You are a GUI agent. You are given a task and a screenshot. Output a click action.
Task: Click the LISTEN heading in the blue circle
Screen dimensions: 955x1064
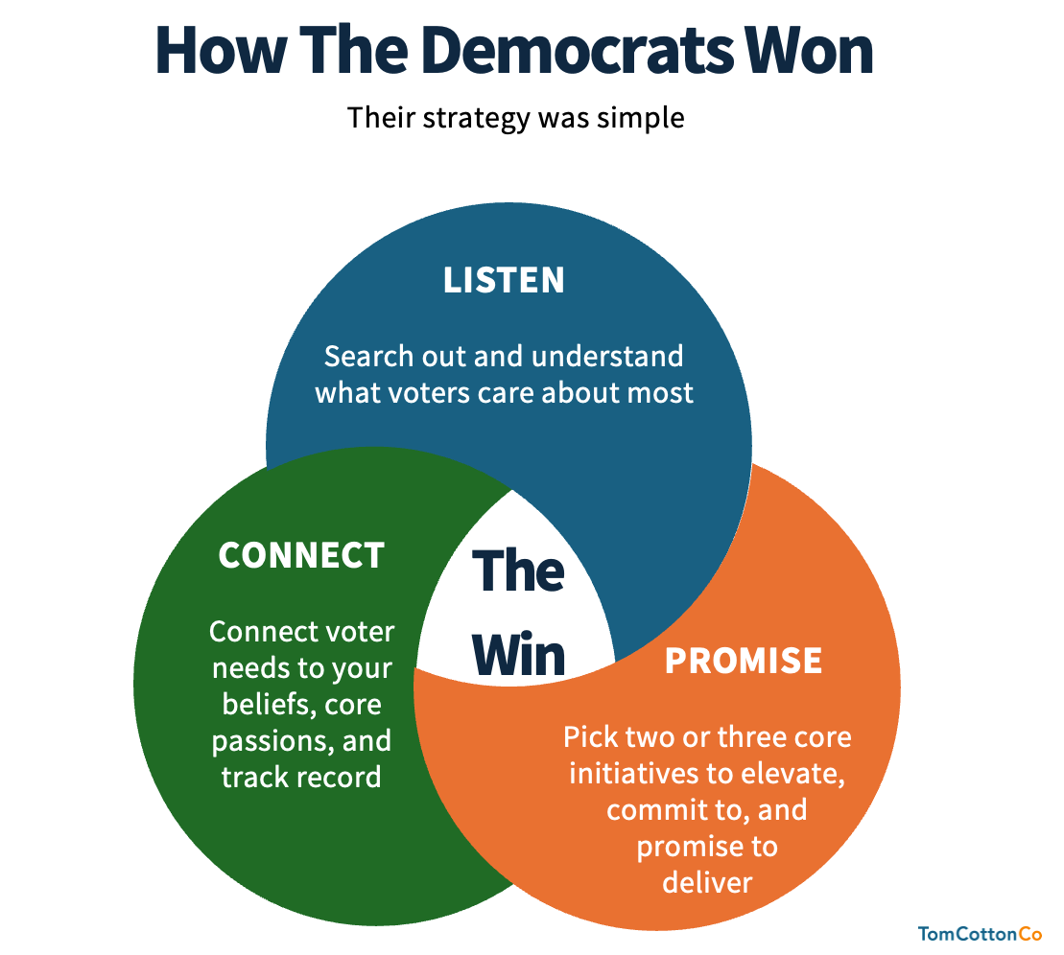click(504, 280)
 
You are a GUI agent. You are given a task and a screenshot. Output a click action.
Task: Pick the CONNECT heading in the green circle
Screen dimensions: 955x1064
click(301, 555)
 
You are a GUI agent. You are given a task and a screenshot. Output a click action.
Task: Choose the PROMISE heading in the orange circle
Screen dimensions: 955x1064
click(744, 661)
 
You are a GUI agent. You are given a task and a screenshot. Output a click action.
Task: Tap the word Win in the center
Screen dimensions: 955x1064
click(519, 654)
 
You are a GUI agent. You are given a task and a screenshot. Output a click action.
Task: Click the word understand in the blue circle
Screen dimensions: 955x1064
click(607, 357)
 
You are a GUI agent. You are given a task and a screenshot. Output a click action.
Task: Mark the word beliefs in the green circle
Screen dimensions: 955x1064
click(268, 705)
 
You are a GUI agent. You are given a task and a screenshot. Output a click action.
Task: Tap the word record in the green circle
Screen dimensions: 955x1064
click(342, 776)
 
